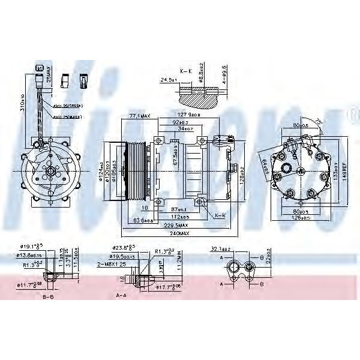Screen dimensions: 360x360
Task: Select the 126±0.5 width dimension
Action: tap(298, 218)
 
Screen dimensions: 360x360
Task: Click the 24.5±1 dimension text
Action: tap(168, 79)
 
